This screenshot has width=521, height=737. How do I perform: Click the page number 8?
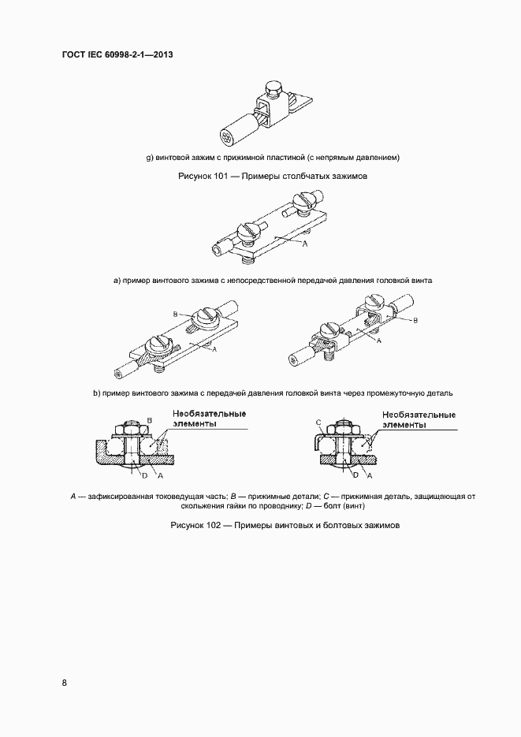(x=64, y=683)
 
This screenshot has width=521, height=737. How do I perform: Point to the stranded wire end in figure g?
(x=227, y=138)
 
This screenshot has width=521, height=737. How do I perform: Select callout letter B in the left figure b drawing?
(x=175, y=314)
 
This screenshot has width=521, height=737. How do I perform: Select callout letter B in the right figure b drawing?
(x=415, y=321)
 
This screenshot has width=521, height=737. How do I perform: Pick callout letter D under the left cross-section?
(x=143, y=476)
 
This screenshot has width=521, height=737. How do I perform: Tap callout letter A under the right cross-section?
(x=370, y=476)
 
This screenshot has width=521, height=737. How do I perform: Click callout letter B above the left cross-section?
(x=149, y=421)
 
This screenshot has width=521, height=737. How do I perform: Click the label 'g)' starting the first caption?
(x=150, y=157)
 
